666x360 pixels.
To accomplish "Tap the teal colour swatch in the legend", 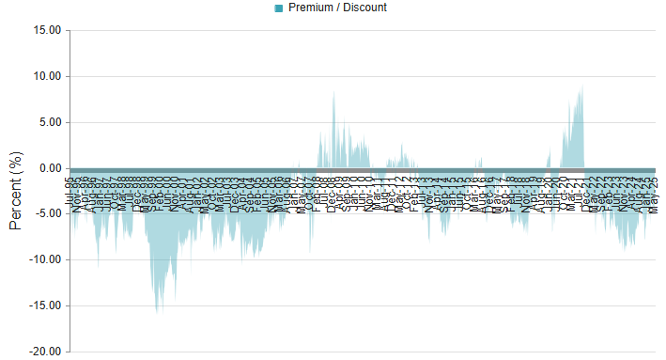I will point(279,8).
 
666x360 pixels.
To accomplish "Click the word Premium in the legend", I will point(311,8).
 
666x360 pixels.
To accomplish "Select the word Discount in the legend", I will point(364,8).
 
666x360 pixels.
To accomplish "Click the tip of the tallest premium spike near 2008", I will point(333,91).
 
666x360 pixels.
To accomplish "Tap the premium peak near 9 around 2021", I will point(582,87).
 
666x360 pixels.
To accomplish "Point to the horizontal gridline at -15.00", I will point(376,305).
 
